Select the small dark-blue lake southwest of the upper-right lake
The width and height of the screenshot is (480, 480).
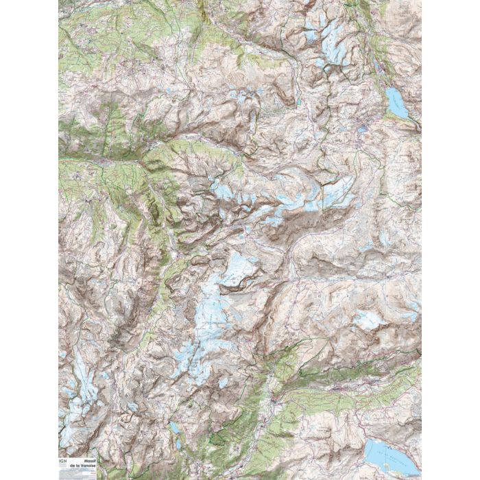(361, 128)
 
